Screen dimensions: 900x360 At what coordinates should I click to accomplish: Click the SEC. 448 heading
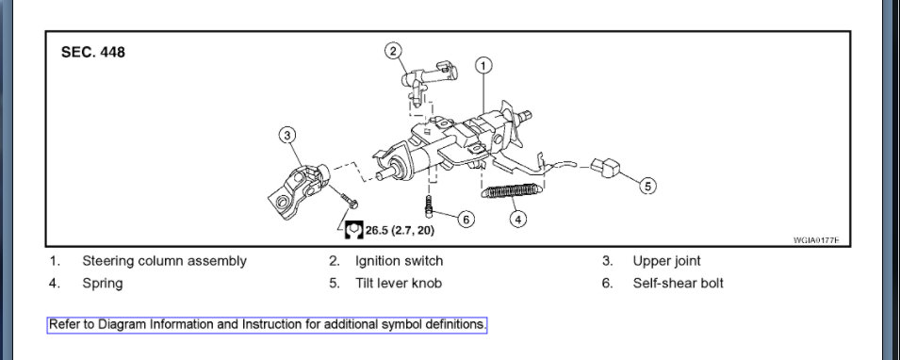93,52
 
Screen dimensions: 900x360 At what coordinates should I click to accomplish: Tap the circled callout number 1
483,65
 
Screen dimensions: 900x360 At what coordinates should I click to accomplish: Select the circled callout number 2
393,51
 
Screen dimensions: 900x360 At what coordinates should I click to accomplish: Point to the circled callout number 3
287,136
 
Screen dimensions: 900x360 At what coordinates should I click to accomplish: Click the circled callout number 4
517,219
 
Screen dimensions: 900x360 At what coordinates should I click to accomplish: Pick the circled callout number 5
647,186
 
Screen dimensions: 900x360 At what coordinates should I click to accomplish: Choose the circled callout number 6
466,219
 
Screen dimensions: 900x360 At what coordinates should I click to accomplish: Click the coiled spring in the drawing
512,190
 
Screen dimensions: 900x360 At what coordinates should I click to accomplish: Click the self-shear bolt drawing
428,206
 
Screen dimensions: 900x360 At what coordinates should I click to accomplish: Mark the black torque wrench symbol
353,230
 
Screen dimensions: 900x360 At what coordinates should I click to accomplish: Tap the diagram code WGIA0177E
816,240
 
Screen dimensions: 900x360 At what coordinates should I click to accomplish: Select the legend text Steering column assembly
164,261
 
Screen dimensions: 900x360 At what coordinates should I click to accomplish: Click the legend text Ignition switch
399,261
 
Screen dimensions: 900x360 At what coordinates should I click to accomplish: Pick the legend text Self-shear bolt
678,283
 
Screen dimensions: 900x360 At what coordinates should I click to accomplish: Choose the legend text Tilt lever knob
399,283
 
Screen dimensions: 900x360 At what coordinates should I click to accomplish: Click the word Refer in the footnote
62,324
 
